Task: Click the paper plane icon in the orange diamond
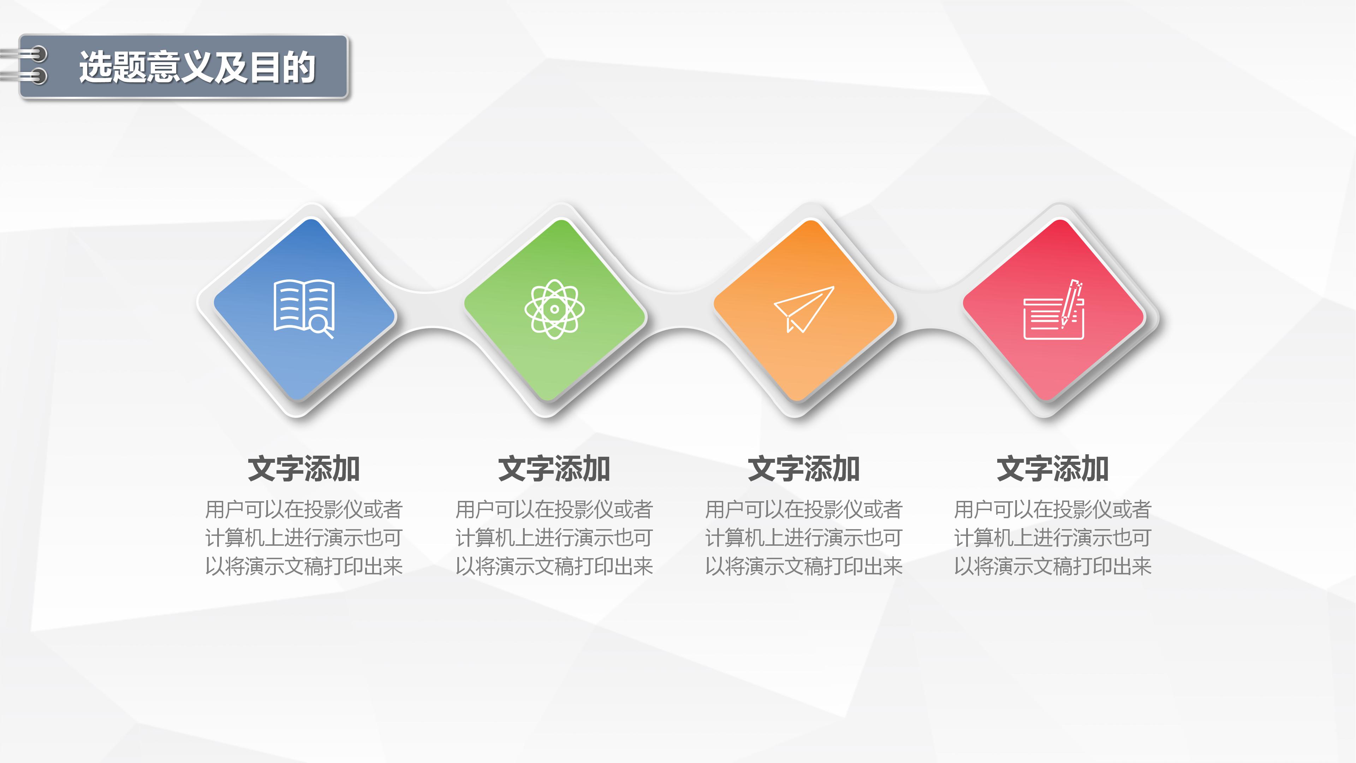tap(803, 309)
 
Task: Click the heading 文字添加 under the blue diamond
tap(304, 469)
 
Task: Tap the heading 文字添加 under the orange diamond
tap(803, 469)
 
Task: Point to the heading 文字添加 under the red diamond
tap(1053, 469)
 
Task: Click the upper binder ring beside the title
tap(37, 54)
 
